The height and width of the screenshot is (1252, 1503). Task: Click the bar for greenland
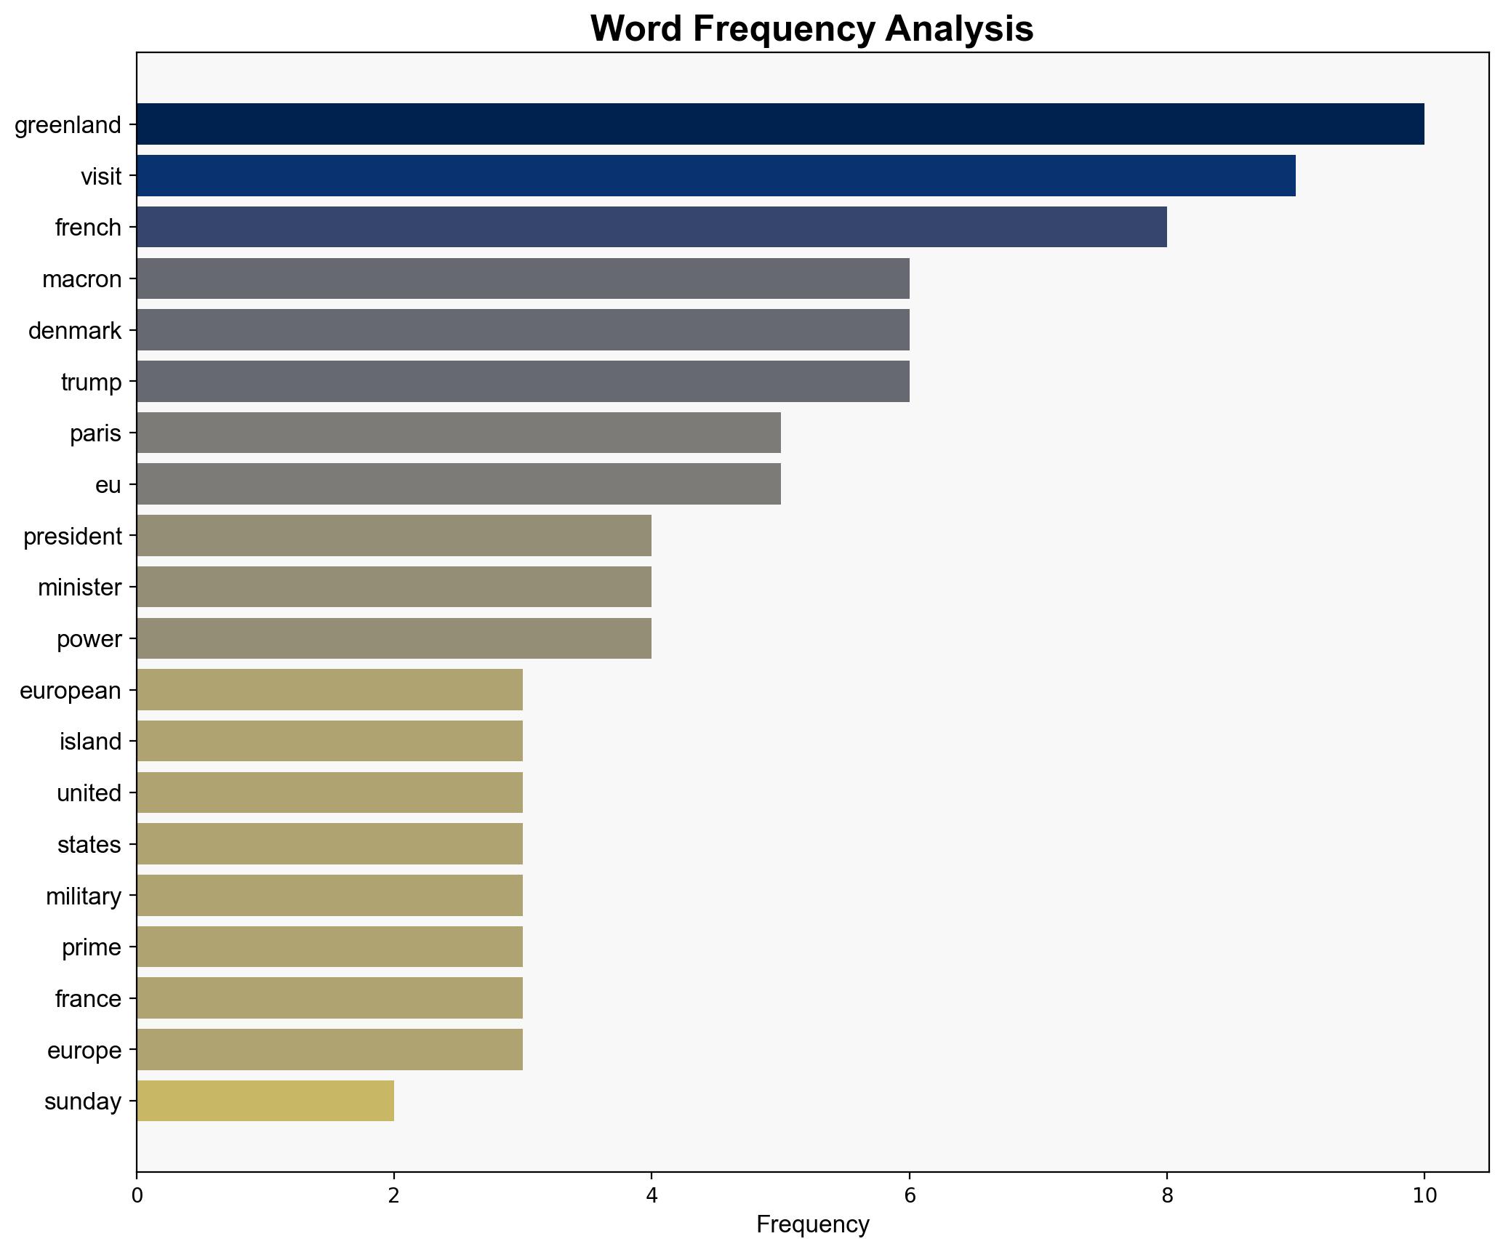coord(779,124)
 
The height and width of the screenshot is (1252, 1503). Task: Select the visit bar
coord(716,175)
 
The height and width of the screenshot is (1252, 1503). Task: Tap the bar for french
coord(652,227)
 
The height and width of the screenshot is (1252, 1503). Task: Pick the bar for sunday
coord(265,1101)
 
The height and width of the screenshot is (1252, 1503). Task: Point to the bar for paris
coord(458,433)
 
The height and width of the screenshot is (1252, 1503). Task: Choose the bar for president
coord(394,536)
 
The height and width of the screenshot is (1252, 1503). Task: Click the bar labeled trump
coord(523,381)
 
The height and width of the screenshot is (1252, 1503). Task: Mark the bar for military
coord(329,895)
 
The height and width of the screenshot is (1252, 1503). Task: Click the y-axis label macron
coord(82,279)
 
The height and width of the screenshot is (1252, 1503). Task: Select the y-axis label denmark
coord(75,331)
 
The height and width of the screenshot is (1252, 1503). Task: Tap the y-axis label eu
coord(108,484)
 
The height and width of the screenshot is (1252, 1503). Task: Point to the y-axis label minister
coord(80,587)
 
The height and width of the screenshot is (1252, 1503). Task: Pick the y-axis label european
coord(71,690)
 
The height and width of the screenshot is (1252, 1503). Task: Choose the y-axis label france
coord(88,999)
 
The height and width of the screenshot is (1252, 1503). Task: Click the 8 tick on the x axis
coord(1166,1195)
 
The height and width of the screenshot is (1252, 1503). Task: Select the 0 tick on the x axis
coord(137,1195)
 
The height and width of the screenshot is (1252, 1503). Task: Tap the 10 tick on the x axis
coord(1424,1195)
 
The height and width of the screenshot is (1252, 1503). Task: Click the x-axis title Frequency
coord(812,1225)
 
